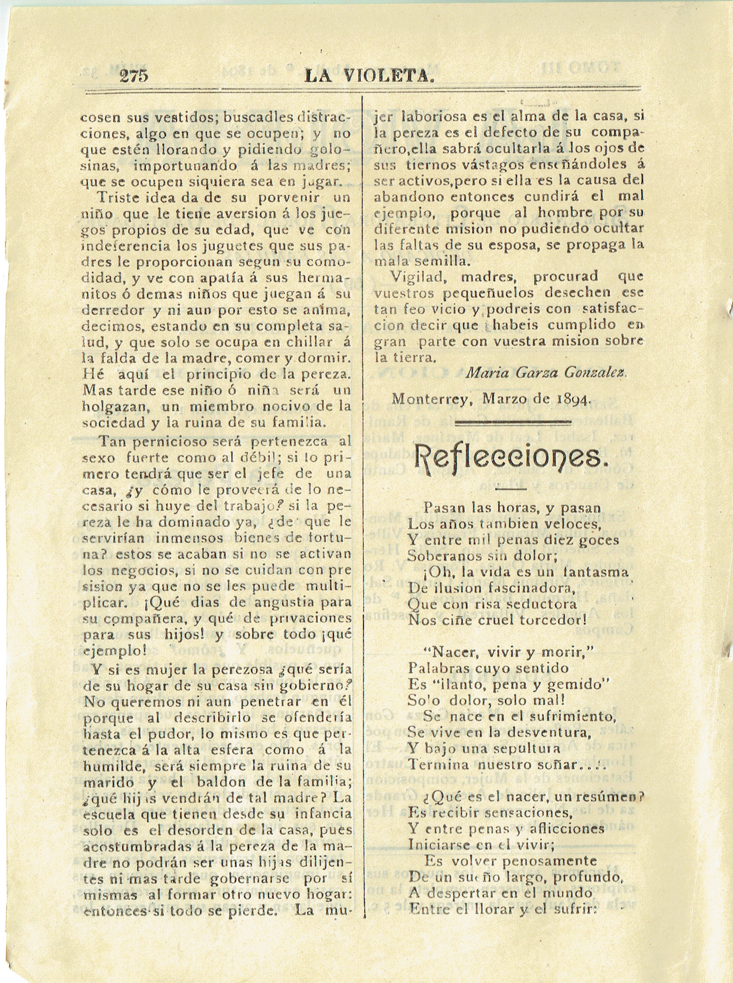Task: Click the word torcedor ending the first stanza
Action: (552, 620)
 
